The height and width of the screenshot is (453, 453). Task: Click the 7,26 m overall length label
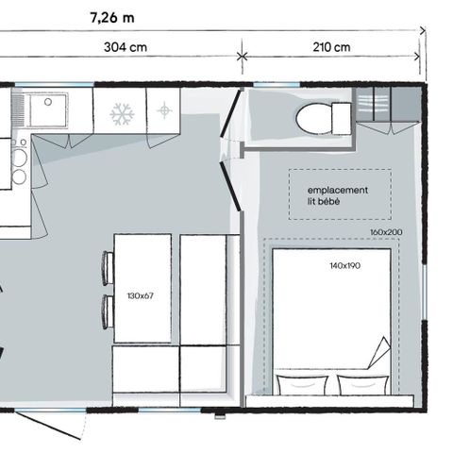[112, 18]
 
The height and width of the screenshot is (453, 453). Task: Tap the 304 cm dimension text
[126, 47]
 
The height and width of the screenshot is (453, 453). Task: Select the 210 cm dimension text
[331, 47]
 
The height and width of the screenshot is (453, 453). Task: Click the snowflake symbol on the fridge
[122, 114]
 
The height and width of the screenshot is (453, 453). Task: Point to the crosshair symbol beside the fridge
[164, 110]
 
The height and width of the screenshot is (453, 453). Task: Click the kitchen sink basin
[48, 110]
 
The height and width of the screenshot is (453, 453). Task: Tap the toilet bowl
[313, 119]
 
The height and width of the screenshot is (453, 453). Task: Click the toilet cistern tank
[342, 119]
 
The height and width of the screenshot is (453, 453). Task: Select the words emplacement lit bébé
[338, 195]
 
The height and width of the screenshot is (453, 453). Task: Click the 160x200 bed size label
[386, 232]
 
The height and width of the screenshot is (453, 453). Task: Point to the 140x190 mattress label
[344, 266]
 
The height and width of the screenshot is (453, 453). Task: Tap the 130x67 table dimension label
[141, 296]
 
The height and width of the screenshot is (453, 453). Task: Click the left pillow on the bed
[302, 384]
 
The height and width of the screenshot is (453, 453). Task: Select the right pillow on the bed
[363, 384]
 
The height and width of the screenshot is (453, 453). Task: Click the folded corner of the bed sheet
[379, 352]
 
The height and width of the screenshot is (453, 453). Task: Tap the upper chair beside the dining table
[108, 268]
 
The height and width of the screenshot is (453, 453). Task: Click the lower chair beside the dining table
[108, 311]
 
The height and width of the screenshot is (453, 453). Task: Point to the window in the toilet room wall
[277, 84]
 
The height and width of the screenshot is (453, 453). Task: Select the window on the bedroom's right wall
[425, 292]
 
